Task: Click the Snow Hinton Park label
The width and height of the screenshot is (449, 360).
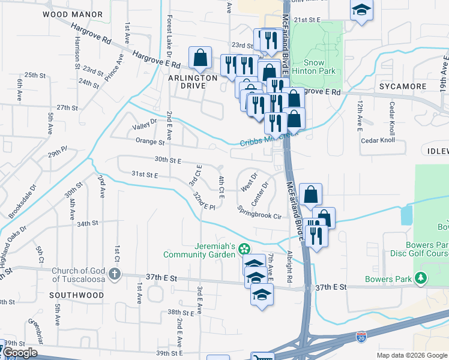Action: (x=313, y=67)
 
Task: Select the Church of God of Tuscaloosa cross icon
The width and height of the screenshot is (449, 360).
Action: (x=115, y=274)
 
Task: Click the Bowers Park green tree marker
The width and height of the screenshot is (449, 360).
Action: (x=422, y=278)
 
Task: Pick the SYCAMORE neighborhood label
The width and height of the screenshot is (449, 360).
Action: (x=402, y=86)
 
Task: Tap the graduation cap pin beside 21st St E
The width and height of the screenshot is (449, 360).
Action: (x=361, y=10)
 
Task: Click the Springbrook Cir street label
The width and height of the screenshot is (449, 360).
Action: (x=259, y=212)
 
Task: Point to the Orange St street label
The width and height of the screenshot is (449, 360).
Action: (x=149, y=142)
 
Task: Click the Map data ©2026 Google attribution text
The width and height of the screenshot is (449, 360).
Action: (x=411, y=355)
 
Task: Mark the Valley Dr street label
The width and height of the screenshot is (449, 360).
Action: (x=144, y=124)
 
